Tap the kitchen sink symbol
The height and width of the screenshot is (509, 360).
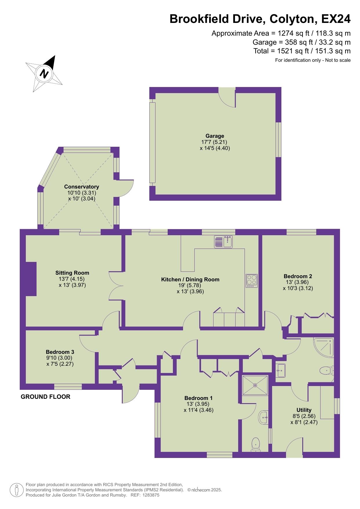(223, 242)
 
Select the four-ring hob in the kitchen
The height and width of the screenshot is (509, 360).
(252, 281)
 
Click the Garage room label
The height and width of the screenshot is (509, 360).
(215, 136)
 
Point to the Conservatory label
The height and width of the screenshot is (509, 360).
(82, 187)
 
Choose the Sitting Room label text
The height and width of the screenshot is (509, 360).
(72, 273)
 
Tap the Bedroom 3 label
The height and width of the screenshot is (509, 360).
(60, 352)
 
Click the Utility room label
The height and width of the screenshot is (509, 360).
(304, 410)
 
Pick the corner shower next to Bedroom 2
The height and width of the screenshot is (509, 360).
(324, 347)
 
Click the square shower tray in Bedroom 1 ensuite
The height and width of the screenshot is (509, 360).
(255, 385)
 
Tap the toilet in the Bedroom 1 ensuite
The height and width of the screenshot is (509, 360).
(256, 445)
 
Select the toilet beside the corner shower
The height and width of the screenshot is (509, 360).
(327, 370)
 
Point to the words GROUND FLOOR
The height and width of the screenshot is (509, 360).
(46, 397)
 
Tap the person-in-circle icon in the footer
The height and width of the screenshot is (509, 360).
(17, 490)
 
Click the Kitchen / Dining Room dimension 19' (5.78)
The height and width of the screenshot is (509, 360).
(190, 285)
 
